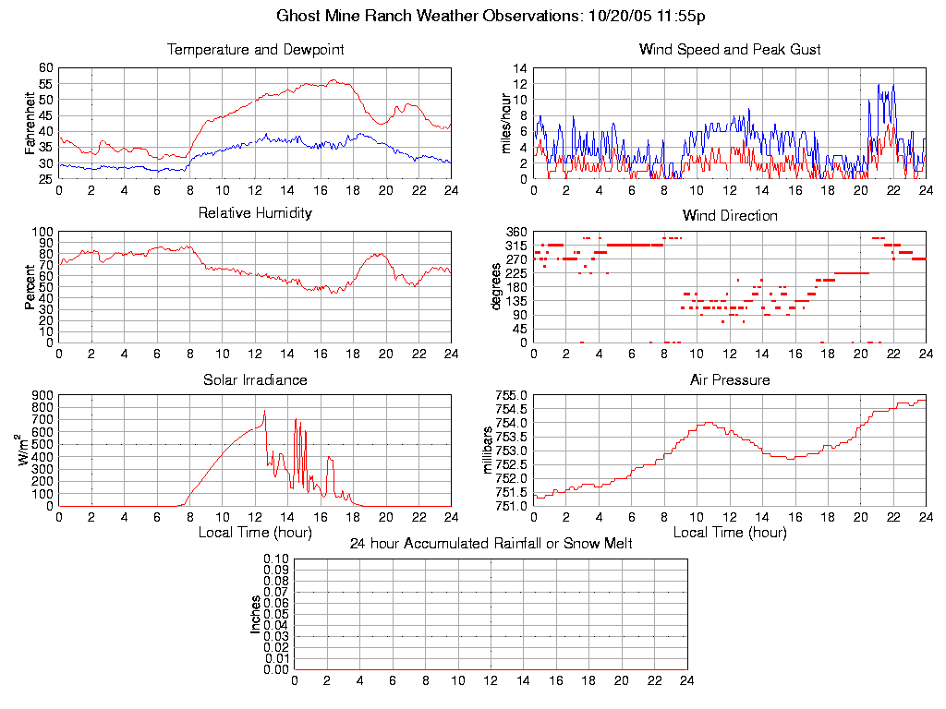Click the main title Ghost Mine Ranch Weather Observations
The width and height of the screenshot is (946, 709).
click(x=491, y=17)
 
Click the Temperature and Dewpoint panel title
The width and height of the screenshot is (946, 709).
click(x=255, y=50)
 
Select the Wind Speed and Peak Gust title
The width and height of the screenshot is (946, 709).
click(x=730, y=50)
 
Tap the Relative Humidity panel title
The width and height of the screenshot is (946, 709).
click(x=255, y=213)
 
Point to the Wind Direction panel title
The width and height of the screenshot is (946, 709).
click(x=730, y=216)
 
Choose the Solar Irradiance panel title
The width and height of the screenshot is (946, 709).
click(x=255, y=379)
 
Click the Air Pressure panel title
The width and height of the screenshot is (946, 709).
click(x=730, y=379)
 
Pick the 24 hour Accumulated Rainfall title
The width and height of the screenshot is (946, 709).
click(x=491, y=544)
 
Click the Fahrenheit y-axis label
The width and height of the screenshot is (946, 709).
click(x=30, y=123)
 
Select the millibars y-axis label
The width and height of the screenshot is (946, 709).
click(x=491, y=451)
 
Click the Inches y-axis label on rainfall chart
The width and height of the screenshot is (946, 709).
click(x=256, y=614)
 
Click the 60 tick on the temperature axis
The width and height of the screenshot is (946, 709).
click(x=45, y=68)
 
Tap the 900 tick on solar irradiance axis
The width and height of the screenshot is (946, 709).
click(x=42, y=395)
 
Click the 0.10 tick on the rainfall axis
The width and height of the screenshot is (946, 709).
click(x=276, y=559)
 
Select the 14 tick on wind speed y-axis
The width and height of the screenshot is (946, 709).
click(x=520, y=68)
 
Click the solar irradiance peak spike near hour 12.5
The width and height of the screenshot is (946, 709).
click(x=264, y=411)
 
